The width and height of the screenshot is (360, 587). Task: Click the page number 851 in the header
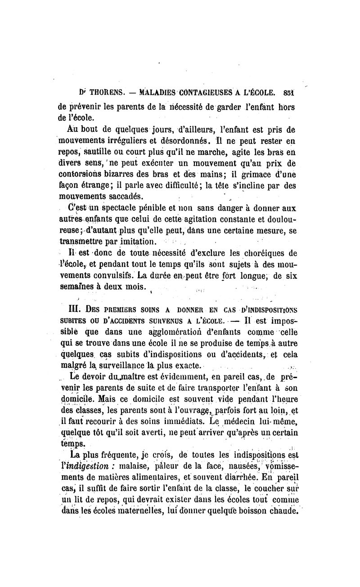(295, 94)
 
